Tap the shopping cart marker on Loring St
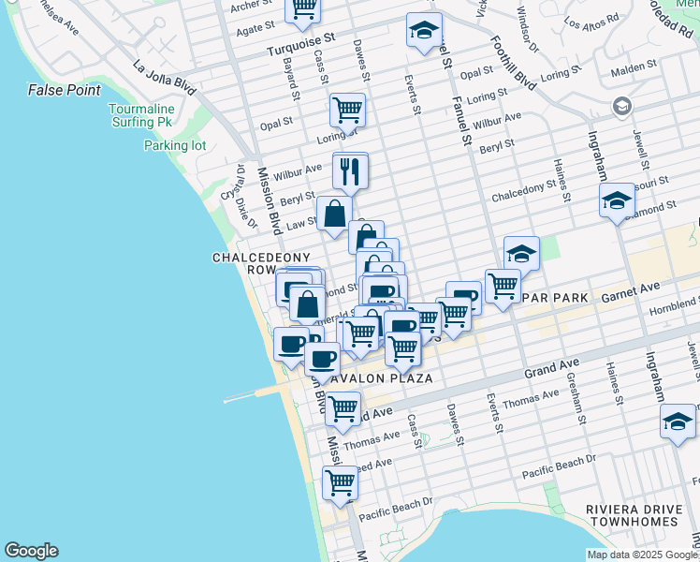click(x=347, y=110)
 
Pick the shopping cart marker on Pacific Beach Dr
click(x=340, y=483)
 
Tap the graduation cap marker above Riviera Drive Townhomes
click(x=678, y=421)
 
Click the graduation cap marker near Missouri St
click(x=617, y=200)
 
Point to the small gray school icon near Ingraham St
click(x=620, y=107)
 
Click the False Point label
click(x=65, y=90)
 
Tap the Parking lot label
click(x=174, y=145)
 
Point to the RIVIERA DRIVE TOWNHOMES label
click(x=632, y=515)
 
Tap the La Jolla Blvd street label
click(x=165, y=79)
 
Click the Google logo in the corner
click(x=31, y=551)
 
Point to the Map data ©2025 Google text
click(x=641, y=555)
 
